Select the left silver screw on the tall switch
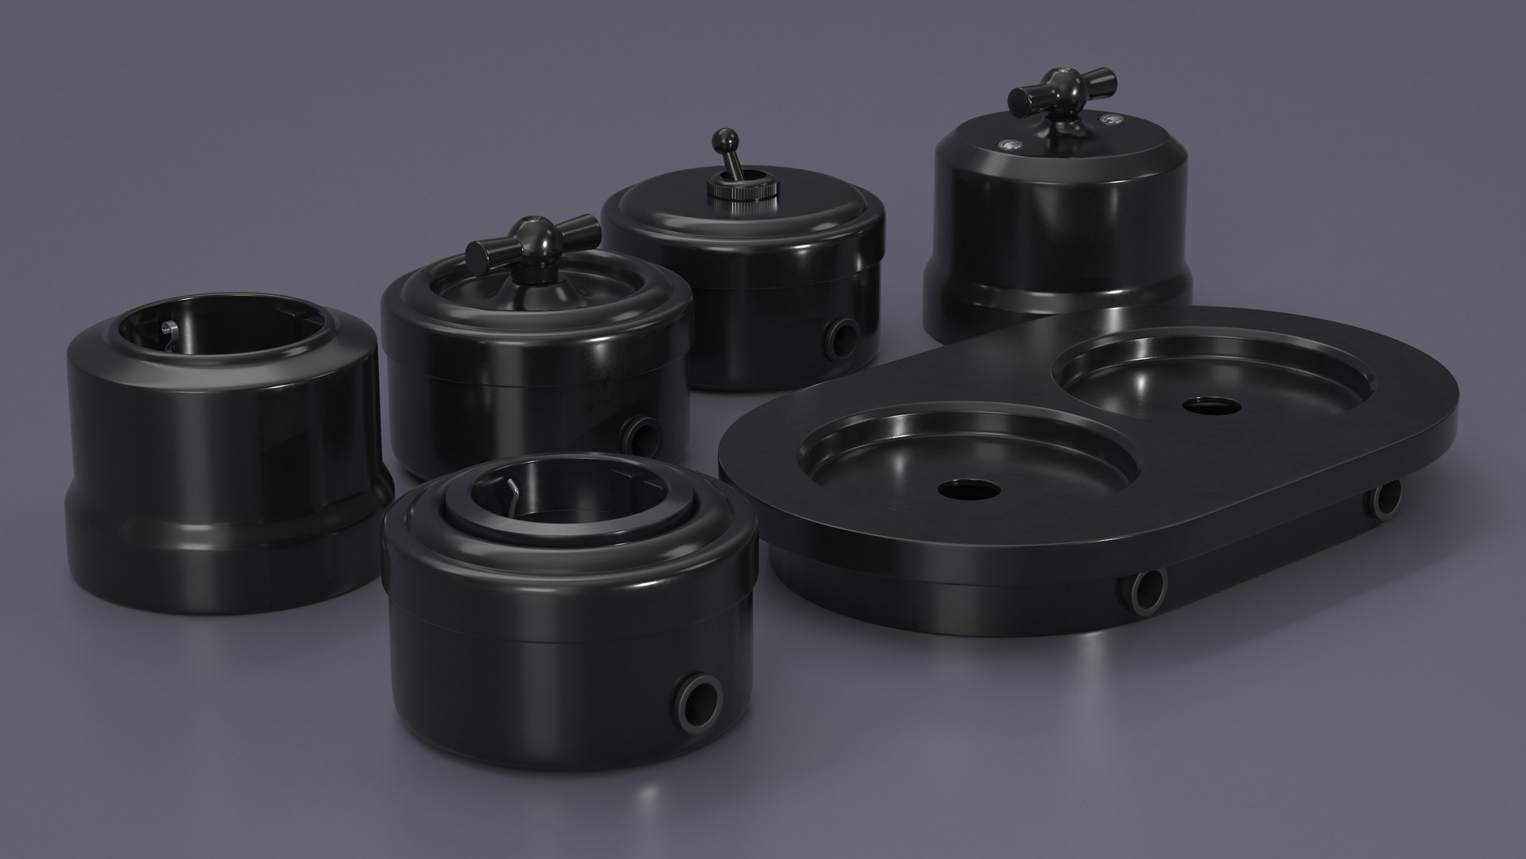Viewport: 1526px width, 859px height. (x=1009, y=144)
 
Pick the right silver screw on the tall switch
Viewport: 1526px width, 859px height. (x=1108, y=121)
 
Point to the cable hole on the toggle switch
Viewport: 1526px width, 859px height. (x=842, y=336)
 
